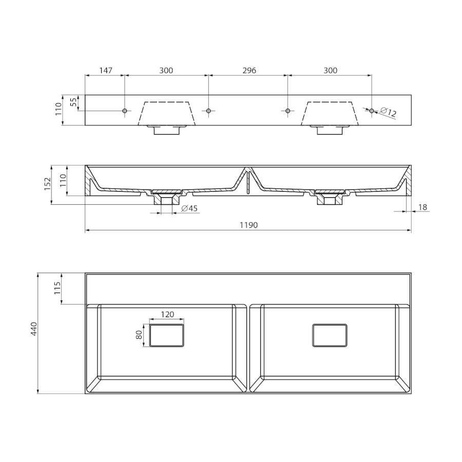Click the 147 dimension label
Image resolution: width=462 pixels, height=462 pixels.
(x=106, y=70)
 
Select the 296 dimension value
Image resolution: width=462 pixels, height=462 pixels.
(x=249, y=70)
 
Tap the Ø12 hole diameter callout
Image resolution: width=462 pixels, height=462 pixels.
(x=389, y=112)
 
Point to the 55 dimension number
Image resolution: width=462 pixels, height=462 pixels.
(x=73, y=102)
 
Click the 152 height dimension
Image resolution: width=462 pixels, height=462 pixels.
(x=48, y=184)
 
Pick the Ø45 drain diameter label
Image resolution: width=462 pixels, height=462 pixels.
(x=189, y=208)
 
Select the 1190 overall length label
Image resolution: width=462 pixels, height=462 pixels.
(x=248, y=225)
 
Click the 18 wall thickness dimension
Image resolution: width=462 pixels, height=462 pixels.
(x=422, y=207)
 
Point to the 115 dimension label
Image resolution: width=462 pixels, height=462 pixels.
(x=57, y=288)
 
